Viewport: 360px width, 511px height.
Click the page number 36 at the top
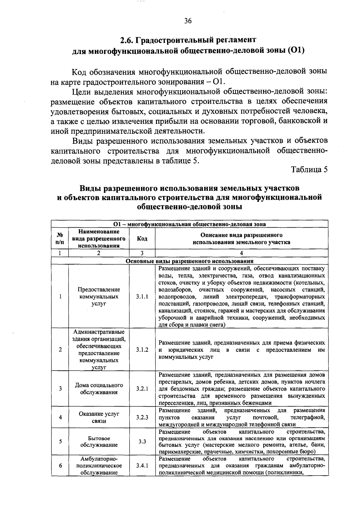coord(188,21)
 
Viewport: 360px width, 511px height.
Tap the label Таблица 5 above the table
coord(309,170)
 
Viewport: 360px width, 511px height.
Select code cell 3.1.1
coord(142,297)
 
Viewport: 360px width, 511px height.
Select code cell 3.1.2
coord(142,350)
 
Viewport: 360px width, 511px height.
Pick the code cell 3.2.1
coord(142,389)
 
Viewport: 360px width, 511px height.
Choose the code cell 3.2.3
coord(142,417)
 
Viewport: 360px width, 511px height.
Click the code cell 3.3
coord(142,441)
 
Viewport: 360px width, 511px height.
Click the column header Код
coord(142,239)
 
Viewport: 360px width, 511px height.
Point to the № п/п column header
coord(60,239)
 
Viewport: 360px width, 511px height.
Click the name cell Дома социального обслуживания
coord(99,389)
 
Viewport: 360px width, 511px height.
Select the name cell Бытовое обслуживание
coord(99,441)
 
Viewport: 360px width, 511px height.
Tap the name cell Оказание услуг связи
coord(99,417)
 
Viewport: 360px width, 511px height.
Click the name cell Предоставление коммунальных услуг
coord(99,297)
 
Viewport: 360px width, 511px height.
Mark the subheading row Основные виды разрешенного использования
coord(189,261)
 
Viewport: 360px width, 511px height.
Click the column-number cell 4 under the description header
coord(241,253)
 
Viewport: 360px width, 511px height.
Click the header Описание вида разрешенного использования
coord(241,239)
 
